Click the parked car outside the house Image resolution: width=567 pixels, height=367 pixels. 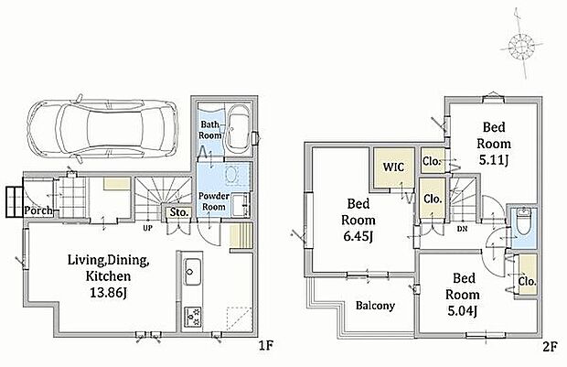coord(102,127)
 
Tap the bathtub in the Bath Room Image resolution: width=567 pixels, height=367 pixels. coord(237,129)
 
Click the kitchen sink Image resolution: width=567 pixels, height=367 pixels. coord(192,272)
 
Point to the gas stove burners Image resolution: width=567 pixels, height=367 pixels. coord(192,317)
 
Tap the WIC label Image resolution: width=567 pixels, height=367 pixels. coord(393,167)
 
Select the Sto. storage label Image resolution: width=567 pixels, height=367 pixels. coord(179,212)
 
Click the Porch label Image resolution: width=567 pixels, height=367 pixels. coord(38,210)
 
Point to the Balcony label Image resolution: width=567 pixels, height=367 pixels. coord(375,306)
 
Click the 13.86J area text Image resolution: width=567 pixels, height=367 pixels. coord(108,293)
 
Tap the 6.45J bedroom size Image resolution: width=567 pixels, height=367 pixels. coord(358,236)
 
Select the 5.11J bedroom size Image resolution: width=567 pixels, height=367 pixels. coord(494,159)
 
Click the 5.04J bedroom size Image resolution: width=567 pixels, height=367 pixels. coord(463,310)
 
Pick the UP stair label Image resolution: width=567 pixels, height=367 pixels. coord(147,228)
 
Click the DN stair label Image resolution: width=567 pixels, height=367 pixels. coord(462,229)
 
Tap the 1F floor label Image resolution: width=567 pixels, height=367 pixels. coord(266,347)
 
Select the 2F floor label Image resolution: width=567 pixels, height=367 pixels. coord(550,347)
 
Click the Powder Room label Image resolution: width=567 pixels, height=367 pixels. coord(214,201)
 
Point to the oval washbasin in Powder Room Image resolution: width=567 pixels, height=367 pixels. coord(231,175)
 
